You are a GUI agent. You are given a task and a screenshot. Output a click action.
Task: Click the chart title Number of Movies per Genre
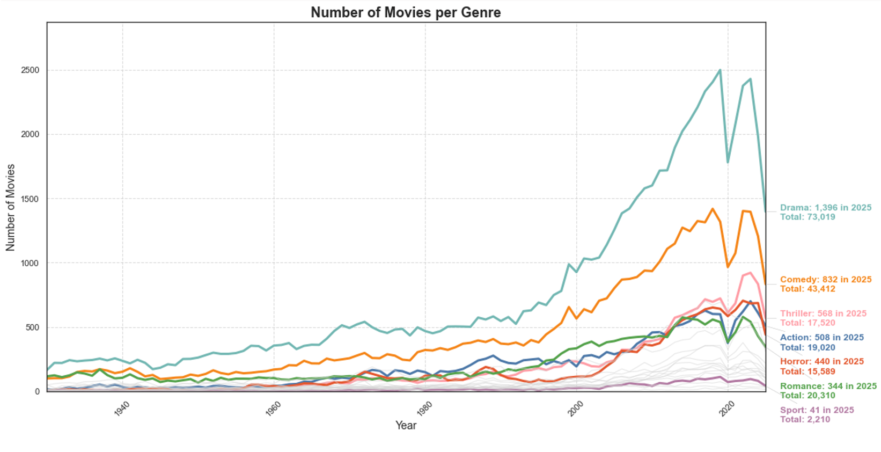[406, 12]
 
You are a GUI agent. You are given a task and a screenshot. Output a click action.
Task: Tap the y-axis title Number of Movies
[11, 207]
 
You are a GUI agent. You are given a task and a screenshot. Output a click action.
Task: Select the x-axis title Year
[406, 425]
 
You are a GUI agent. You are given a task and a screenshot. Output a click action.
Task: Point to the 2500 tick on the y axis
[30, 70]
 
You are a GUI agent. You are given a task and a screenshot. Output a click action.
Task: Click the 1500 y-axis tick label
[30, 199]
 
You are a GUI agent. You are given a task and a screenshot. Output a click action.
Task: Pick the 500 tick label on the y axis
[32, 327]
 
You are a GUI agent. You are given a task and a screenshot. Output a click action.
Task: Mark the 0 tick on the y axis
[37, 391]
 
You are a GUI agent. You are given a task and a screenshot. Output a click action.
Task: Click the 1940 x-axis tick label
[123, 409]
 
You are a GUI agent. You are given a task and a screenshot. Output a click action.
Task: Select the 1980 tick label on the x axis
[425, 409]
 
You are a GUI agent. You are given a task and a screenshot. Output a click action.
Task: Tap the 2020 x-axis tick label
[728, 409]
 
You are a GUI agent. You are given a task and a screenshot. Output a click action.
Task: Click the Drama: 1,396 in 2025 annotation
[825, 208]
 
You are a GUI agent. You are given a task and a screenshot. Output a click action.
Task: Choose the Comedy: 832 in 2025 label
[825, 280]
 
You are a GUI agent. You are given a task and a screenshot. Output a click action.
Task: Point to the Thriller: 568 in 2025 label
[823, 314]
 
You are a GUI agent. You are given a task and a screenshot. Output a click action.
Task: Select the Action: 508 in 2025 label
[821, 338]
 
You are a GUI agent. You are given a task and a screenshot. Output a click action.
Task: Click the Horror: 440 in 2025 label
[821, 362]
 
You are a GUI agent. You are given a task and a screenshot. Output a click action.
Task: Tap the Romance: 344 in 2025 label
[828, 386]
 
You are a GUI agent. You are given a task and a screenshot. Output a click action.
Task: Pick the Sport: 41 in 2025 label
[817, 410]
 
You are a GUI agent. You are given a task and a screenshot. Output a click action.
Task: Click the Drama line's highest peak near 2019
[720, 70]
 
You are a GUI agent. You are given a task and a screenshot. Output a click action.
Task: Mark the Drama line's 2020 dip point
[728, 162]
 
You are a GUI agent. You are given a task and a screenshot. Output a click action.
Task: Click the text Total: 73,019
[807, 217]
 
